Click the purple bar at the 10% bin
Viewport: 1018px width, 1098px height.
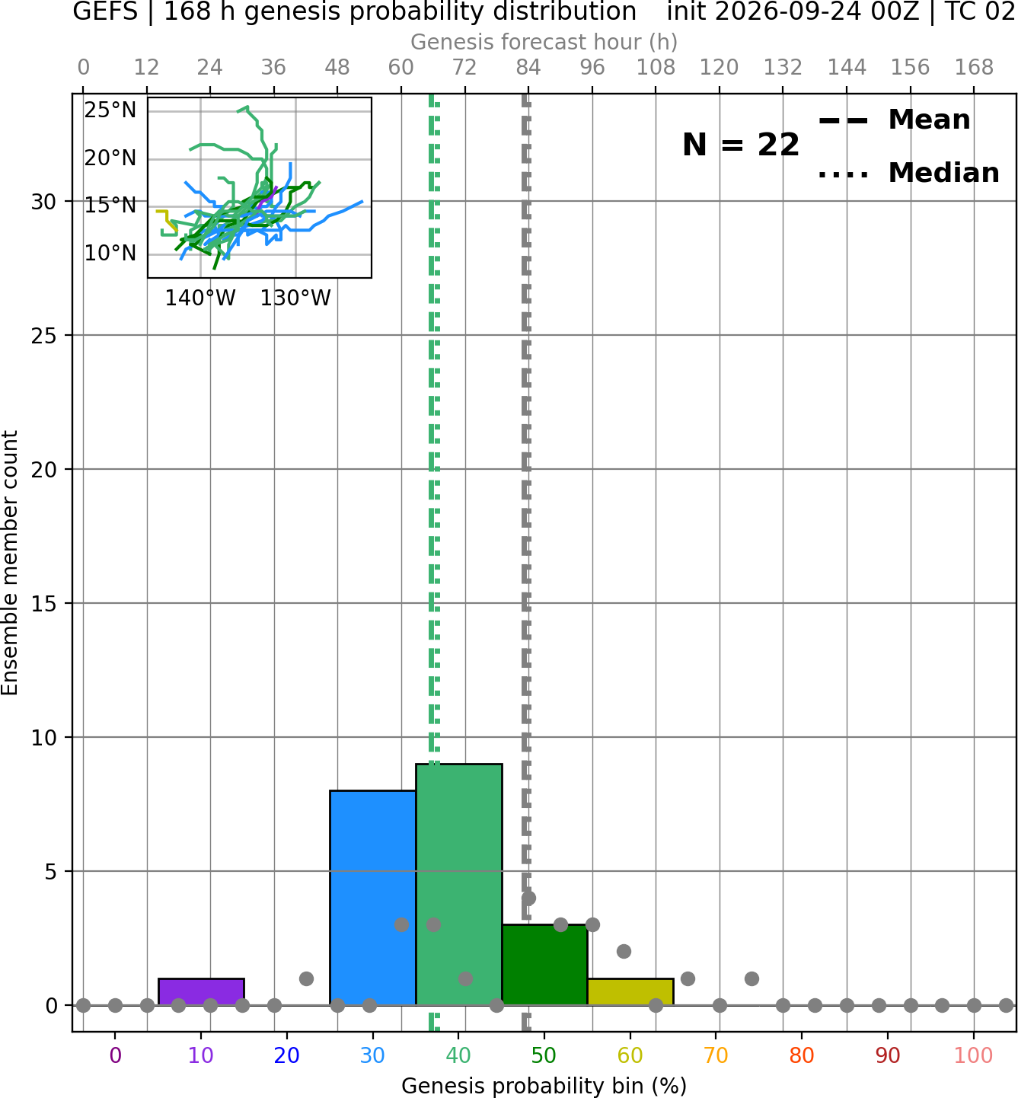coord(201,991)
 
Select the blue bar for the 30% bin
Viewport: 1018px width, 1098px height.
coord(373,898)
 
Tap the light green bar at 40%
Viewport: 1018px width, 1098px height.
coord(459,885)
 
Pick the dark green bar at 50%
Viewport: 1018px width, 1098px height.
coord(544,965)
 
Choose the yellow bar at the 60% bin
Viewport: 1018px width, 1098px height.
coord(630,991)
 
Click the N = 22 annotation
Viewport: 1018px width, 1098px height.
coord(741,145)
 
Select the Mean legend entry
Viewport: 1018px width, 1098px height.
coord(894,120)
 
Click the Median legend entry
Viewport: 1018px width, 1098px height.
coord(909,173)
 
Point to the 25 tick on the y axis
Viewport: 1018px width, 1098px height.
coord(44,336)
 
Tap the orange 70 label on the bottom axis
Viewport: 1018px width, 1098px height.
coord(716,1055)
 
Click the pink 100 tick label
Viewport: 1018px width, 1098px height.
coord(974,1055)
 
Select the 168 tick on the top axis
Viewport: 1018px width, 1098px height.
coord(974,68)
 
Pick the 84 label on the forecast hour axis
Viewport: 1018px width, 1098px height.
coord(528,68)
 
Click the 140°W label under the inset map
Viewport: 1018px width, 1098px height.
coord(200,298)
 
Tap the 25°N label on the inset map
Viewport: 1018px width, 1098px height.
coord(110,110)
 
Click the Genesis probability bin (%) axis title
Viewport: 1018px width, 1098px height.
coord(544,1086)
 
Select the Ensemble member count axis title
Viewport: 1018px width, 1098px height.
coord(10,563)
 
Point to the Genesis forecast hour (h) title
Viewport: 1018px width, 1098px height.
coord(544,42)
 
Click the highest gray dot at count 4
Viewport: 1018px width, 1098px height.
coord(528,898)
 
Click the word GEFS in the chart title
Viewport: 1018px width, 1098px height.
coord(105,11)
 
